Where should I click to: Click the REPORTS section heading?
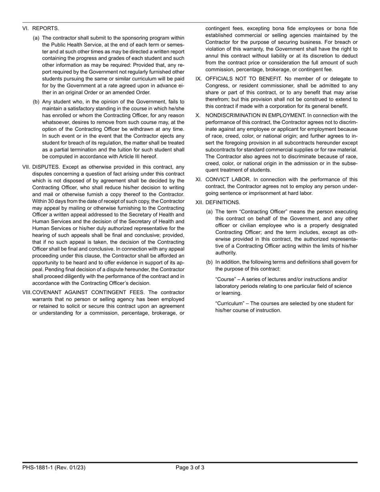coord(46,28)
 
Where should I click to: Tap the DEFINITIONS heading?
coord(222,202)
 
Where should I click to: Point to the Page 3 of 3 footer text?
coord(190,467)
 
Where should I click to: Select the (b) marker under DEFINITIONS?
coord(209,262)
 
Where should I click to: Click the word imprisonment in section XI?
coord(265,193)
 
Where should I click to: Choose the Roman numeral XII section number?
coord(199,202)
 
